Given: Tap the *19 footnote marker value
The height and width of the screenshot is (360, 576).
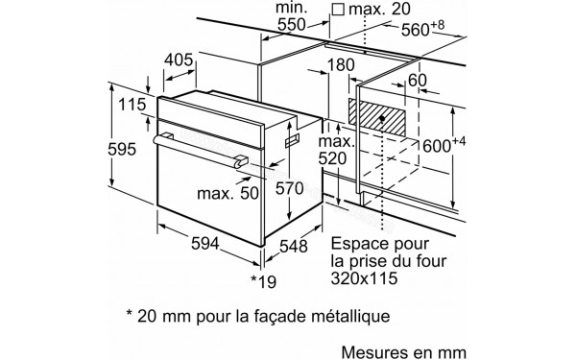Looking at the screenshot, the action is point(264,280).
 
